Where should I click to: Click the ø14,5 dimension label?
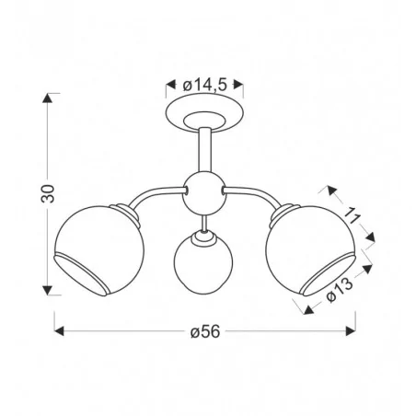204,85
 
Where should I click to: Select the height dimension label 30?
48,193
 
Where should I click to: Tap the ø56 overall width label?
205,332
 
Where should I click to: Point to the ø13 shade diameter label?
340,290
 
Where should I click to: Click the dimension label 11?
352,216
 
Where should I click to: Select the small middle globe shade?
203,260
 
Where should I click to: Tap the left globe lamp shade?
98,250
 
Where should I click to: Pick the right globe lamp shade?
310,250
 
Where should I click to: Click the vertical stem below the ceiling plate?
204,150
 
